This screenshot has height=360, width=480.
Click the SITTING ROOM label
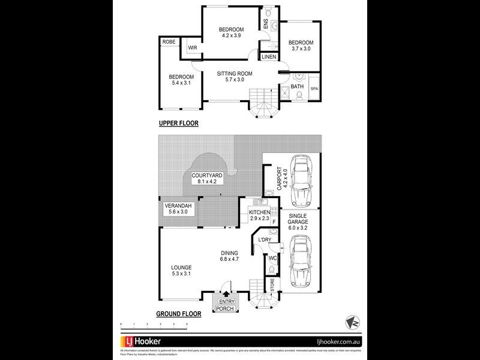pos(235,74)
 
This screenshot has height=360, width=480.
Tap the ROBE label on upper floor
pos(169,42)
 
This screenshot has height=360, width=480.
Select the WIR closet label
pos(193,47)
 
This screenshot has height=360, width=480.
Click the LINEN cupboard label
pos(268,57)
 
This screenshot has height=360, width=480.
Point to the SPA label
pos(314,88)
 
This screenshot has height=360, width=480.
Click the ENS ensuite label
pos(266,25)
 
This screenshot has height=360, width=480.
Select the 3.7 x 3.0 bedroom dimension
pos(301,50)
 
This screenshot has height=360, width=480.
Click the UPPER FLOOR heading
pos(178,124)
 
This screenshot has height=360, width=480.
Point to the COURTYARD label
pos(207,175)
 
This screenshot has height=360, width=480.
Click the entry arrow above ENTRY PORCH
pos(226,294)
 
